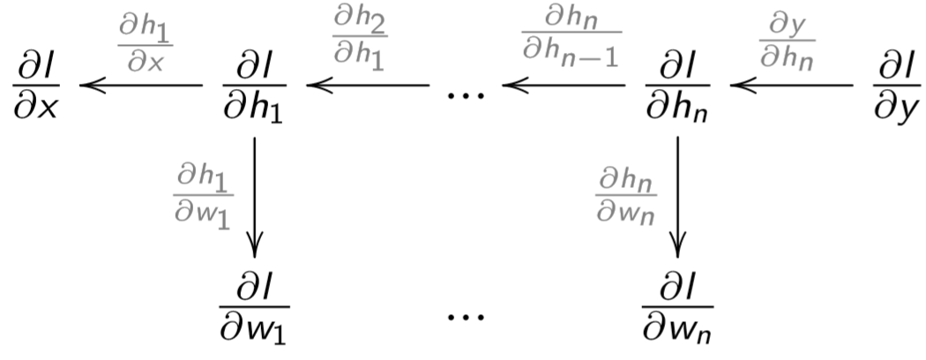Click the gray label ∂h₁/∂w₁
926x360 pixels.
click(203, 195)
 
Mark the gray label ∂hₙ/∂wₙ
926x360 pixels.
click(625, 195)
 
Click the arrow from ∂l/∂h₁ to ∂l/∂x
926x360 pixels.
click(141, 86)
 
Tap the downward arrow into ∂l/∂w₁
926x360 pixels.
click(255, 194)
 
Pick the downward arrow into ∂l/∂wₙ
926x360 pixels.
click(677, 194)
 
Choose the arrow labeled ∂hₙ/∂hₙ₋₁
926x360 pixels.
click(564, 86)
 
